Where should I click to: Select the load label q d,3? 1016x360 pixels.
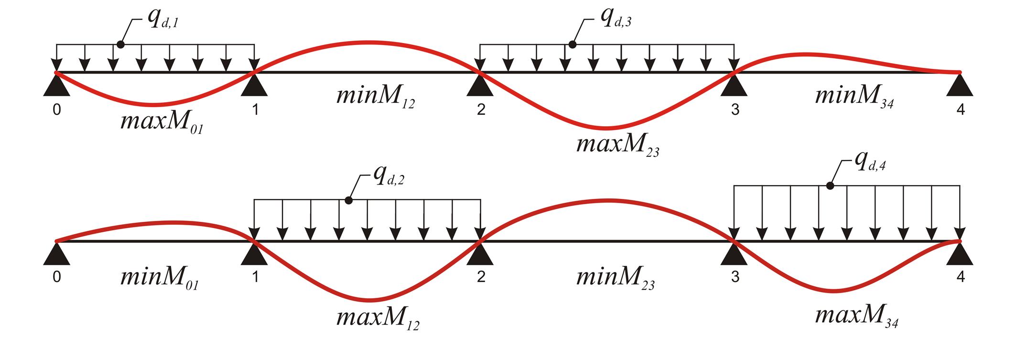pyautogui.click(x=616, y=21)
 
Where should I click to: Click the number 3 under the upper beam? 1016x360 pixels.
pyautogui.click(x=735, y=110)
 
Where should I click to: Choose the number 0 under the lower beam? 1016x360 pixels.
pyautogui.click(x=57, y=278)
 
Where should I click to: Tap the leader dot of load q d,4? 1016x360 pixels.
pyautogui.click(x=830, y=185)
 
